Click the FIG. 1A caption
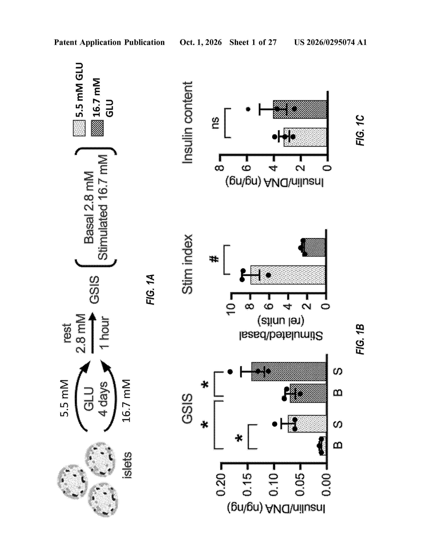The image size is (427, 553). [x=150, y=289]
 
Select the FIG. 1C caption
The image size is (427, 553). [x=360, y=130]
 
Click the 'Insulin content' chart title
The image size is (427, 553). [x=187, y=122]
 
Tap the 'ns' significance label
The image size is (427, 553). [x=215, y=123]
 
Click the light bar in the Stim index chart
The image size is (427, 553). [x=288, y=275]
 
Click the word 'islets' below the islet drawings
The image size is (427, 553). [x=127, y=465]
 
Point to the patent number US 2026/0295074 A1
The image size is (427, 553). [x=330, y=42]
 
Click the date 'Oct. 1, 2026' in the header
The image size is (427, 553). [x=201, y=42]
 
